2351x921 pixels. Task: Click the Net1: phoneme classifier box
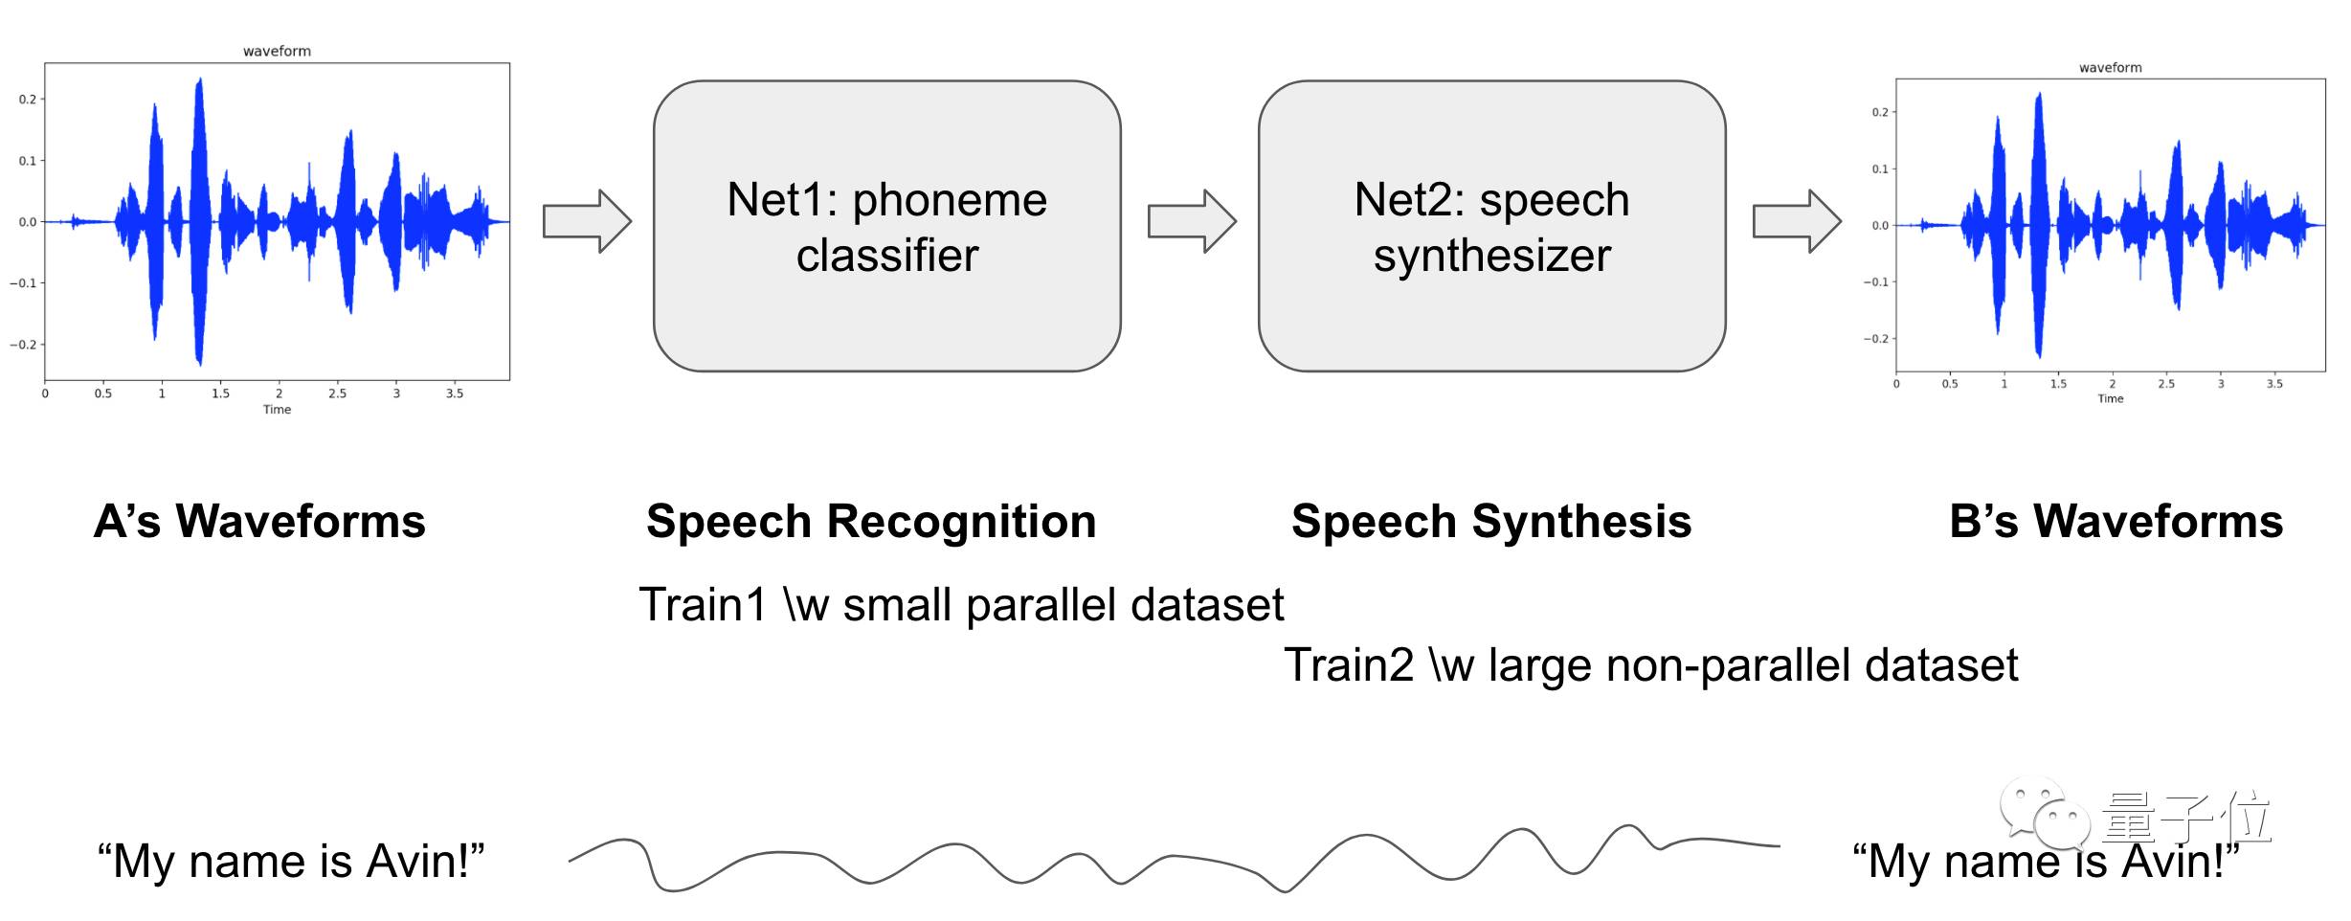tap(886, 226)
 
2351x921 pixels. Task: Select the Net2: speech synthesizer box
tap(1491, 226)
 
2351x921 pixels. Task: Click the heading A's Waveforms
tap(259, 522)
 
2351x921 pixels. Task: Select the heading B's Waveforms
tap(2116, 522)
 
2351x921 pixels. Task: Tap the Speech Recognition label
tap(871, 522)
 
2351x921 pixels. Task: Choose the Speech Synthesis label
tap(1491, 522)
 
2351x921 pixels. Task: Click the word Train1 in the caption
tap(703, 605)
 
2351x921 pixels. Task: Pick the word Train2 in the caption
tap(1348, 665)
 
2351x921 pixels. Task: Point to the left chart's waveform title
tap(277, 51)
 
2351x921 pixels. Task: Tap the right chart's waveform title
tap(2110, 67)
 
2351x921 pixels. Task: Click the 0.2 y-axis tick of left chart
tap(28, 99)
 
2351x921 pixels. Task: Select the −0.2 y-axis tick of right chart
tap(1876, 339)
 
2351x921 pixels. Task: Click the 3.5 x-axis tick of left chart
tap(455, 393)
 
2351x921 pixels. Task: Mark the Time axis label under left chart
tap(277, 410)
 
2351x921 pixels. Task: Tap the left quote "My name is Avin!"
tap(291, 861)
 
